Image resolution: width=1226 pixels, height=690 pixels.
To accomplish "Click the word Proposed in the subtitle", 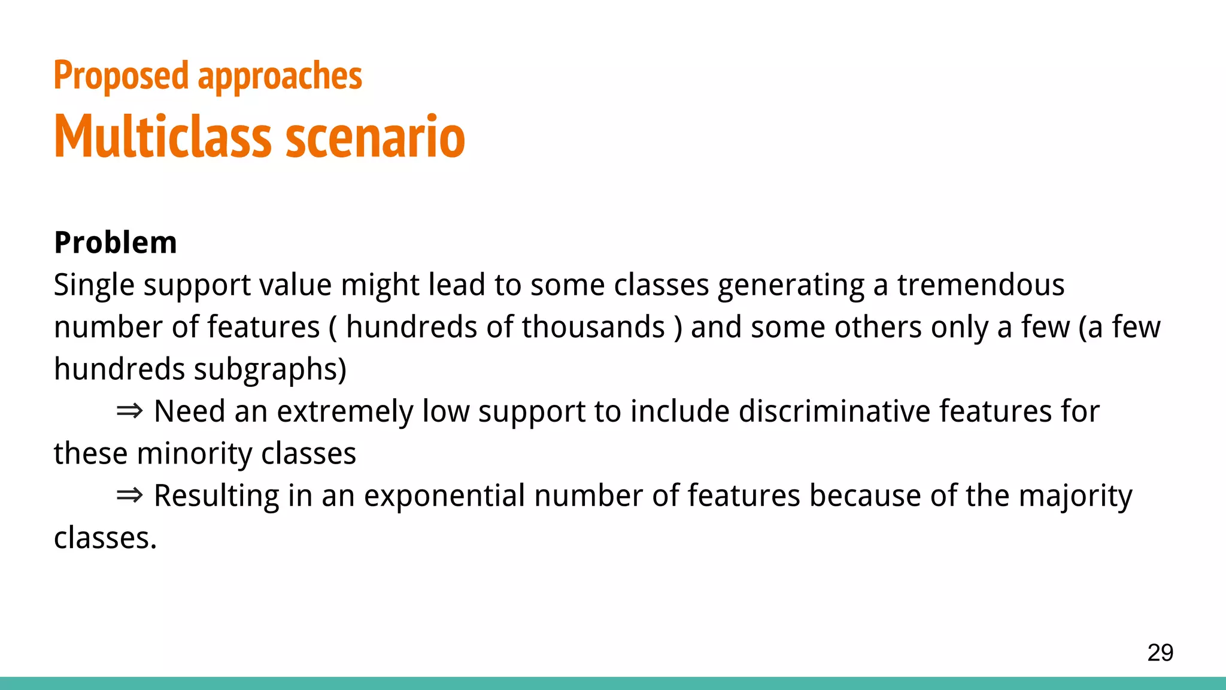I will (121, 76).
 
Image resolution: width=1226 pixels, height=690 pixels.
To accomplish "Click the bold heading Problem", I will (116, 243).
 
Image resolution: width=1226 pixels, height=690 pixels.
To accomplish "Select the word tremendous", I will (981, 285).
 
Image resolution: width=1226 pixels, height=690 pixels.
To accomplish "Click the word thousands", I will (593, 327).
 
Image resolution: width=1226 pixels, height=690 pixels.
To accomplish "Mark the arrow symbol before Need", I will (129, 411).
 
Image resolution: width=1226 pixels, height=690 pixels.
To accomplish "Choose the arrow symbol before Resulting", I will (129, 495).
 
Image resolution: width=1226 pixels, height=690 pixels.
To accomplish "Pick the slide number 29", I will (1160, 652).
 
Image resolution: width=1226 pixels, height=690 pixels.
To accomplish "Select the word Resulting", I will (216, 497).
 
